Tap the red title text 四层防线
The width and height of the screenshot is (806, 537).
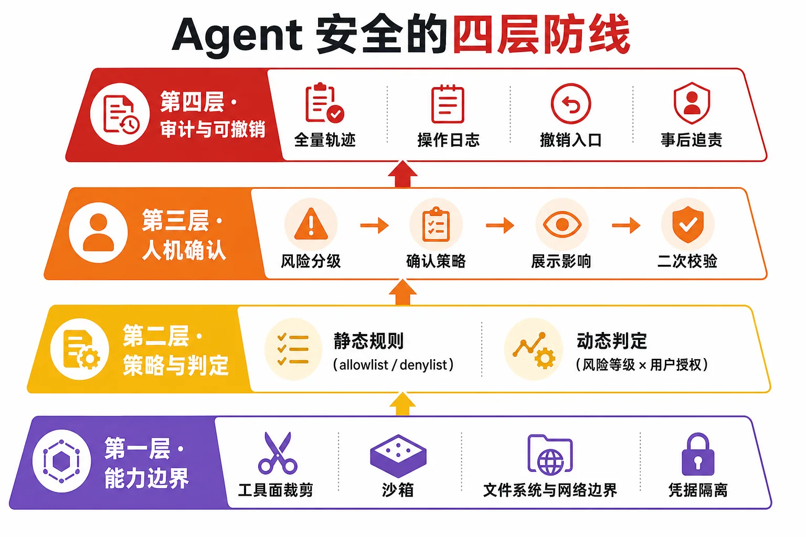(x=541, y=35)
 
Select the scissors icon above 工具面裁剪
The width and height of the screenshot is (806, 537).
(x=278, y=453)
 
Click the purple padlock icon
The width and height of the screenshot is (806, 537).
(x=698, y=454)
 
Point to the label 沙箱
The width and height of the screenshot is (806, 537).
(x=398, y=490)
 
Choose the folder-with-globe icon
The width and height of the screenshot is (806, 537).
(x=550, y=455)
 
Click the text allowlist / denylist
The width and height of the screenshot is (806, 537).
(x=393, y=364)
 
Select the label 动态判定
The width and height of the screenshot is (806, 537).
(x=612, y=341)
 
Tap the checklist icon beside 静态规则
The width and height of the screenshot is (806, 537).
(x=293, y=349)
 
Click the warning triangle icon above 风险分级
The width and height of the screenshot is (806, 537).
(x=311, y=224)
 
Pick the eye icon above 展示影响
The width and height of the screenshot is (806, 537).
(x=562, y=225)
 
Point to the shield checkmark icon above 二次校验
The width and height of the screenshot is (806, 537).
(x=687, y=224)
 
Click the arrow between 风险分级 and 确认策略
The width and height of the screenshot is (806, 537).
(x=375, y=225)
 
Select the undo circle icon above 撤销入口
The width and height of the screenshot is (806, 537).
(x=571, y=104)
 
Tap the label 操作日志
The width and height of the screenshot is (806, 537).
(x=448, y=140)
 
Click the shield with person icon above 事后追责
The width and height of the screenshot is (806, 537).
(x=692, y=103)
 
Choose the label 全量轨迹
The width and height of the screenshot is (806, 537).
(x=325, y=140)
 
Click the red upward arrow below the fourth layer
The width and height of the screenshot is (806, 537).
(x=402, y=174)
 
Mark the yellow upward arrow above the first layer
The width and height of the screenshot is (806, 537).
(x=402, y=404)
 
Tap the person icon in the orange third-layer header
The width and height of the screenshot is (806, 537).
(x=98, y=233)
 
